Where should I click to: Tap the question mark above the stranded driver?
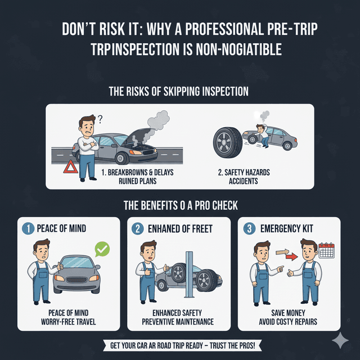pyautogui.click(x=100, y=119)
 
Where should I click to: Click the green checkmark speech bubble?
pyautogui.click(x=102, y=248)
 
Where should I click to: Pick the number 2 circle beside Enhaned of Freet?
pyautogui.click(x=137, y=229)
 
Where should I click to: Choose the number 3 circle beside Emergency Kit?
pyautogui.click(x=249, y=229)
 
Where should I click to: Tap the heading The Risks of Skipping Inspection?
pyautogui.click(x=179, y=91)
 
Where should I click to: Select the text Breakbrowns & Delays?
pyautogui.click(x=137, y=172)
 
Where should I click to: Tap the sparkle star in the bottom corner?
pyautogui.click(x=339, y=340)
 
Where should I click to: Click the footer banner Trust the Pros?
pyautogui.click(x=179, y=345)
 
